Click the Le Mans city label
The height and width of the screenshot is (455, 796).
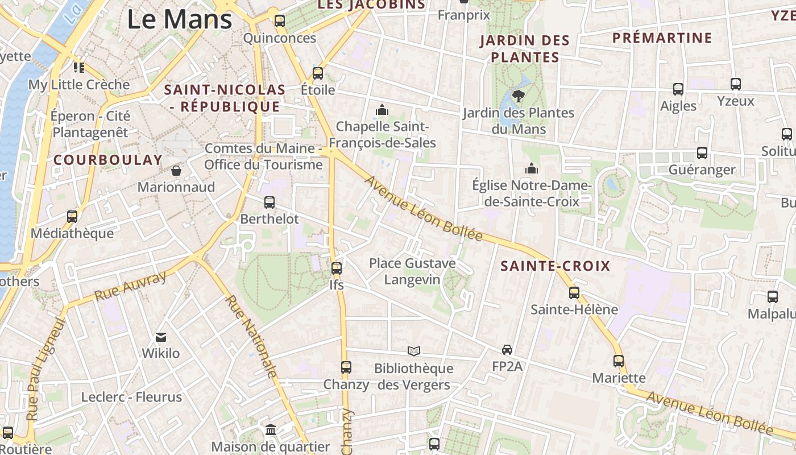[179, 19]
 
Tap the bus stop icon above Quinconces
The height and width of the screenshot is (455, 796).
[279, 21]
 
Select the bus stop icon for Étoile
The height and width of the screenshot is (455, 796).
[318, 73]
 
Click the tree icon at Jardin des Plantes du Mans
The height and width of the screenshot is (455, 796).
[518, 95]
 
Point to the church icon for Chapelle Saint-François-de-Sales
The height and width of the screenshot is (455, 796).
[382, 109]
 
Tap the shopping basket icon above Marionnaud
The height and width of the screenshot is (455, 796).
[176, 170]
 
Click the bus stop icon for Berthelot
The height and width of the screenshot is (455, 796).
[270, 202]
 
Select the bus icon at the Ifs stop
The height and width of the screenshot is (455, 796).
[337, 268]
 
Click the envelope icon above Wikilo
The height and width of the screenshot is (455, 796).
[161, 337]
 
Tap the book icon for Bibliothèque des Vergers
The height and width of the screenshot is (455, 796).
[414, 351]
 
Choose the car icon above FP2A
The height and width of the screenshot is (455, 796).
[507, 349]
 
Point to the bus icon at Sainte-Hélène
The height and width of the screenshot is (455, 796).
[574, 293]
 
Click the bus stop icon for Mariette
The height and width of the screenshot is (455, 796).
[619, 361]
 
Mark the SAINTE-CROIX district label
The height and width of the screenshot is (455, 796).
[555, 266]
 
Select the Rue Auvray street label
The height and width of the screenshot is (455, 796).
[130, 286]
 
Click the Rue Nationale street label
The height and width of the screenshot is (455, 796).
[251, 337]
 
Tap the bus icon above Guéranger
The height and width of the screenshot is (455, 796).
[702, 152]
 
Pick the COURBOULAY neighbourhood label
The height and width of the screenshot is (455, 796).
[108, 160]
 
